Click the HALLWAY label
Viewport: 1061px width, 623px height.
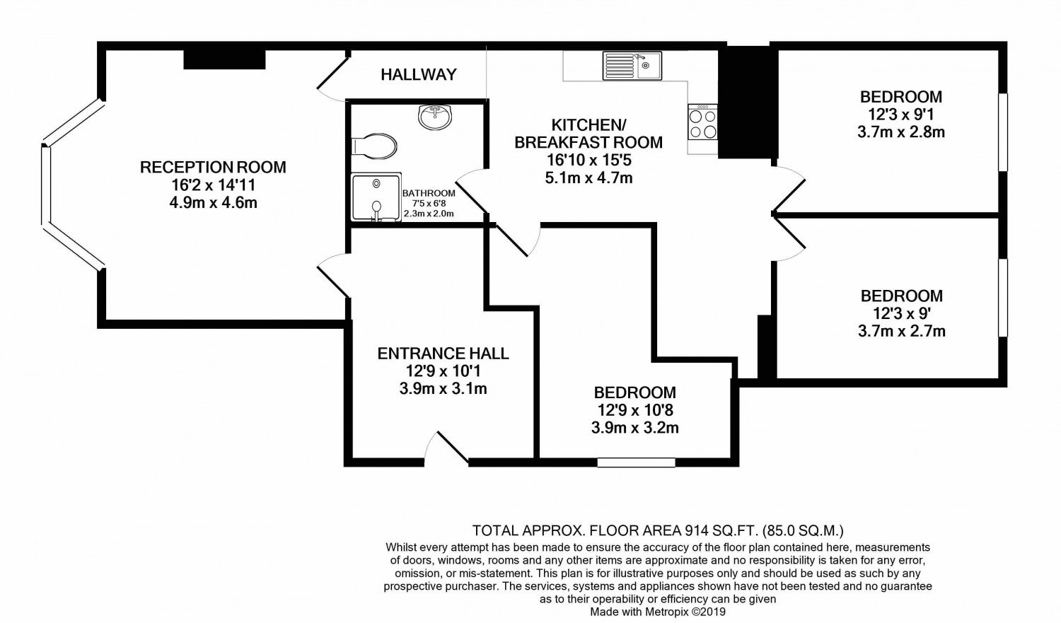click(419, 74)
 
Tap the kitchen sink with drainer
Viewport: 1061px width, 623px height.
click(632, 66)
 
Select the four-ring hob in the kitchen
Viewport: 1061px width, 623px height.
click(703, 122)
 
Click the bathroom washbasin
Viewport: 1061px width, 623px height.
click(435, 117)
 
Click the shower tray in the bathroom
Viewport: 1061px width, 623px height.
click(376, 197)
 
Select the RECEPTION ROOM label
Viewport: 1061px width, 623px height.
click(213, 167)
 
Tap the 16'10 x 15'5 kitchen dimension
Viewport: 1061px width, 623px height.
click(589, 161)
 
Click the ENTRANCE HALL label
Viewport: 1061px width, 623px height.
click(443, 354)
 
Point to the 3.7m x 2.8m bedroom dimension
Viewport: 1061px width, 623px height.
click(901, 132)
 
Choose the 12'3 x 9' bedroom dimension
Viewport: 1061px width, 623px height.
click(901, 313)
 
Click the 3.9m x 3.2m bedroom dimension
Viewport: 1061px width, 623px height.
click(634, 428)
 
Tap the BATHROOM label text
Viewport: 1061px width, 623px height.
click(429, 193)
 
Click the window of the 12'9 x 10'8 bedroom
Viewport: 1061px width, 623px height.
click(636, 462)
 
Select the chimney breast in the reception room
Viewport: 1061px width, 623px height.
click(224, 59)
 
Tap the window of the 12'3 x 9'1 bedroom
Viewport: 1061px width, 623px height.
click(1003, 132)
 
